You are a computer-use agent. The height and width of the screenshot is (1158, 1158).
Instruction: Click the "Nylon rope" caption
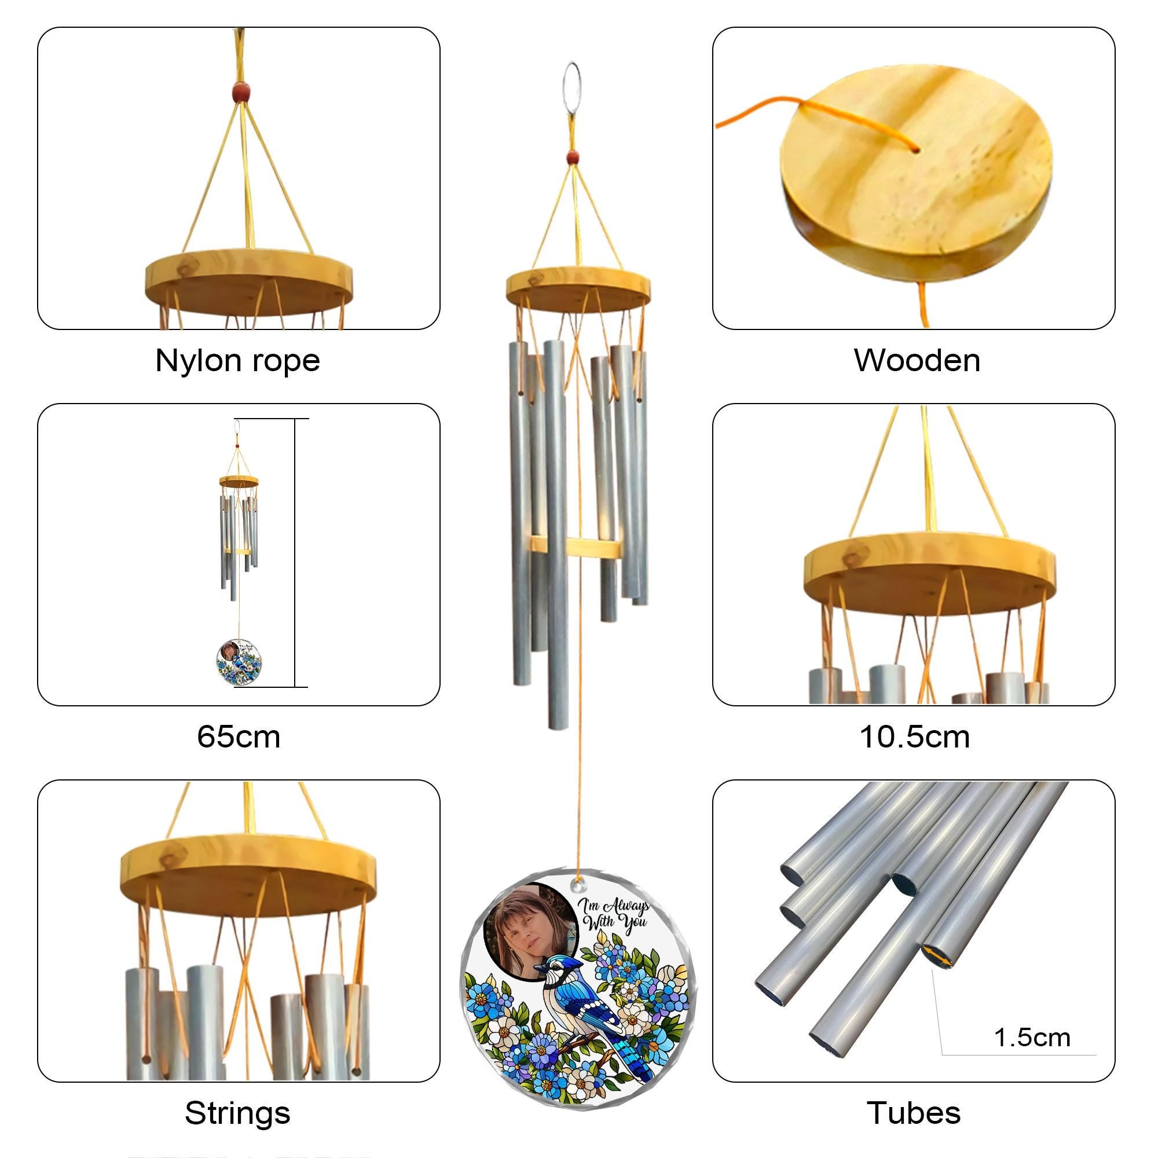237,361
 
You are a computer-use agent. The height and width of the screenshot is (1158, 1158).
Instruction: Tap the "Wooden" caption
917,361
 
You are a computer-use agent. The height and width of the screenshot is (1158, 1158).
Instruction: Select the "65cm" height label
239,736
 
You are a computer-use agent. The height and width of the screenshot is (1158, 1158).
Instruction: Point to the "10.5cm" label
915,736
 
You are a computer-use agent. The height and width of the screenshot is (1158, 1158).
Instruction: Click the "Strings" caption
237,1113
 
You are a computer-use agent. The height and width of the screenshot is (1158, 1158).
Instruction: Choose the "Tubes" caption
914,1113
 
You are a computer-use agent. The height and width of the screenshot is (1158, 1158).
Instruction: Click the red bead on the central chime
573,157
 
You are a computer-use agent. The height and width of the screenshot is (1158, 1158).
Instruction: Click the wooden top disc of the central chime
578,288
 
